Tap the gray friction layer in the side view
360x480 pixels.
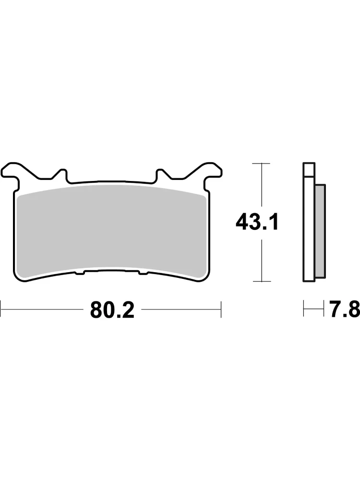click(x=320, y=231)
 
